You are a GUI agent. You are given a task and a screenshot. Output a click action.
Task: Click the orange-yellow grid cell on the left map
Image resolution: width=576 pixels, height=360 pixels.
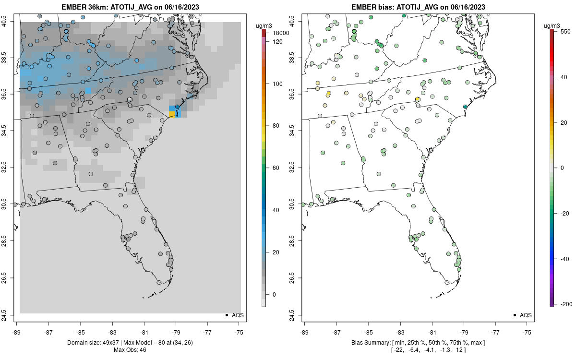(x=172, y=114)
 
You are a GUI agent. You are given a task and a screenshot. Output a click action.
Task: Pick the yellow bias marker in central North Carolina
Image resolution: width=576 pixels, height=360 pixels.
(x=418, y=99)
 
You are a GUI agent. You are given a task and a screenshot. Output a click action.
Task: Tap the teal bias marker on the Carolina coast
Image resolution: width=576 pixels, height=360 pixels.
(x=465, y=107)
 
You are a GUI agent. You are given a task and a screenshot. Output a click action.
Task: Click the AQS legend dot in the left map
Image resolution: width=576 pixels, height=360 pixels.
(x=226, y=315)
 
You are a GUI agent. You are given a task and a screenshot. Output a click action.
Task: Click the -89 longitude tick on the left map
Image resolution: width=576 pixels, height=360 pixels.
(x=16, y=332)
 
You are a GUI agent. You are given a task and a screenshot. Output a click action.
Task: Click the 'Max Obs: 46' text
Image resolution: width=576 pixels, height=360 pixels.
(x=130, y=349)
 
